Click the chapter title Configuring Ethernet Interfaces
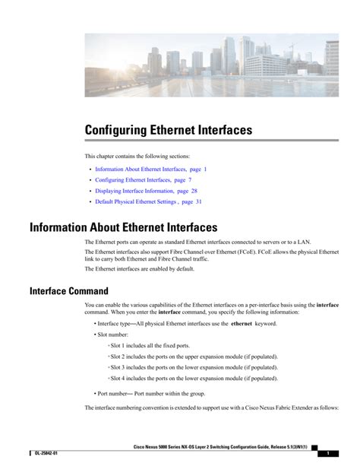pos(168,131)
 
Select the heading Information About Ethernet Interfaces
pos(123,227)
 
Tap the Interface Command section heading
pos(68,290)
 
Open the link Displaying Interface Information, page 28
pos(146,191)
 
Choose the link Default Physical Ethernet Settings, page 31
pos(148,202)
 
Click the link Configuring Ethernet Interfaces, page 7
pos(143,180)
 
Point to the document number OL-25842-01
pos(48,453)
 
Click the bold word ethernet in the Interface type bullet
pos(242,323)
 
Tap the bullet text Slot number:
pos(113,334)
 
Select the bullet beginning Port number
pos(151,393)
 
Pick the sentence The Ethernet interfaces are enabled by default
pos(139,268)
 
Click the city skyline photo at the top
pos(211,65)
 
